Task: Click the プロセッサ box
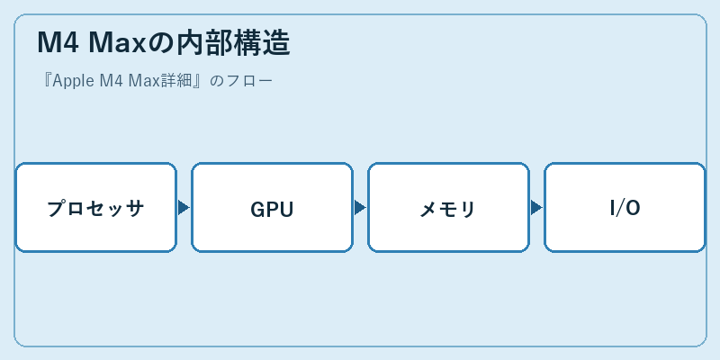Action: pyautogui.click(x=96, y=207)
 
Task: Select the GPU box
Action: pyautogui.click(x=273, y=207)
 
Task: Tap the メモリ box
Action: pyautogui.click(x=448, y=207)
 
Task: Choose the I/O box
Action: pyautogui.click(x=625, y=207)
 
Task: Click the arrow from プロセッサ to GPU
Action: pyautogui.click(x=184, y=208)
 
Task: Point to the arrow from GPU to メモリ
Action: pyautogui.click(x=360, y=208)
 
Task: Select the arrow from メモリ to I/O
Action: pyautogui.click(x=536, y=208)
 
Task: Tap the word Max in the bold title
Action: pyautogui.click(x=117, y=43)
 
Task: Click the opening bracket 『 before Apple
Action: pyautogui.click(x=46, y=81)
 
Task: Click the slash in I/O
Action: pyautogui.click(x=618, y=209)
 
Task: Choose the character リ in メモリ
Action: pyautogui.click(x=467, y=210)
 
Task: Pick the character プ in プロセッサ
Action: pyautogui.click(x=56, y=209)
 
